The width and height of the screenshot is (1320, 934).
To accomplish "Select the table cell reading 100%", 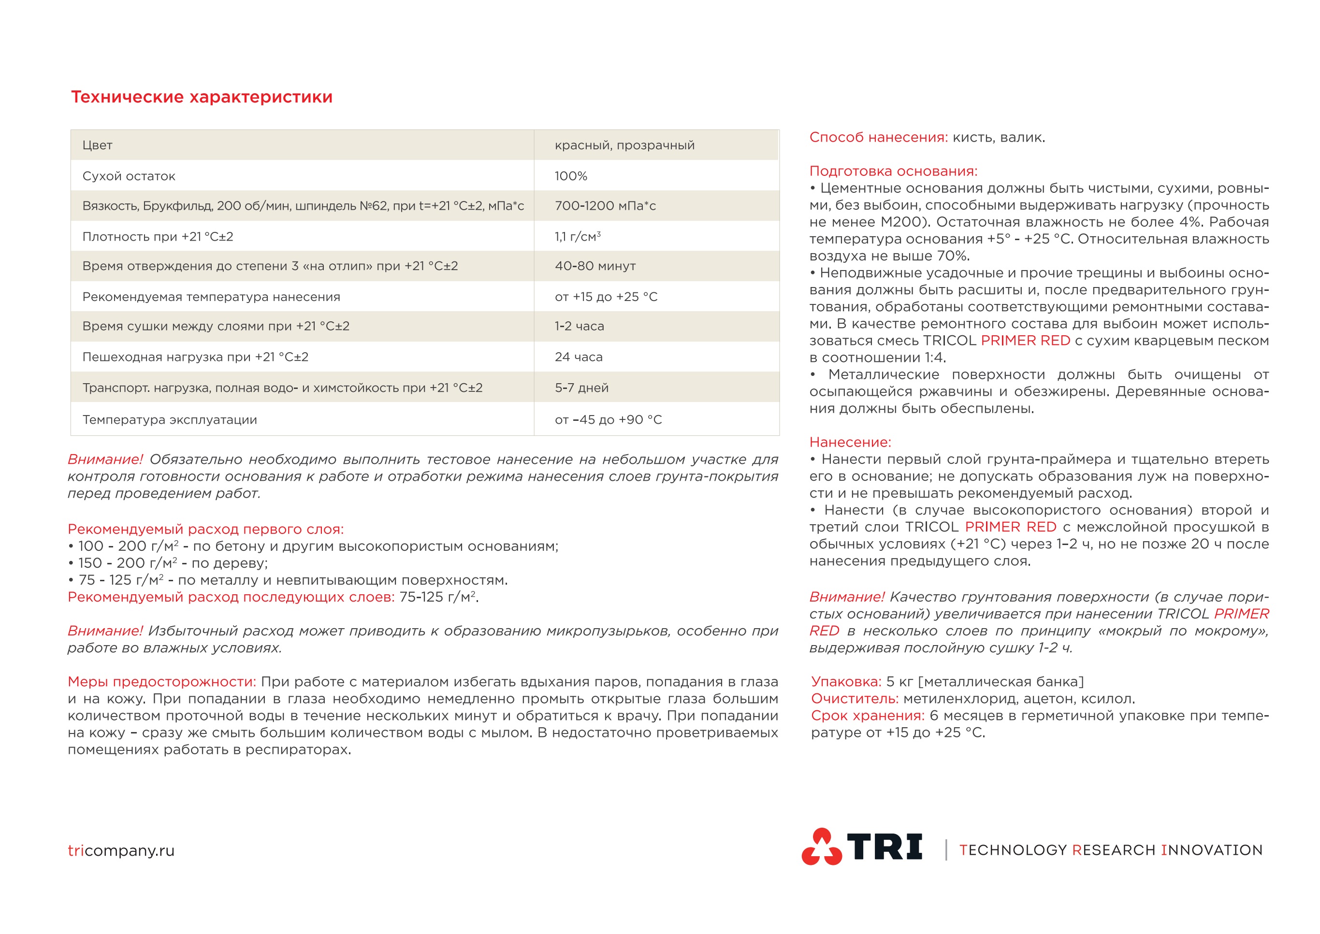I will click(570, 176).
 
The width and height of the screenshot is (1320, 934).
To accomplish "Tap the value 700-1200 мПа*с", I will click(605, 206).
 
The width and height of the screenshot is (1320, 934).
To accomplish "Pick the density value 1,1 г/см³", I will click(577, 236).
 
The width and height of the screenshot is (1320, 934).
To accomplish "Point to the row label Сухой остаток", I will click(129, 176).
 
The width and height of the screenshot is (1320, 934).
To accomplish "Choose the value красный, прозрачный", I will click(624, 145).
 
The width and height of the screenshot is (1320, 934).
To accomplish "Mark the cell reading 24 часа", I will click(578, 357).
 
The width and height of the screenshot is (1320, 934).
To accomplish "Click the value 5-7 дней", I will click(581, 388).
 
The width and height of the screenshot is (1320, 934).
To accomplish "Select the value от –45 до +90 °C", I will click(608, 419).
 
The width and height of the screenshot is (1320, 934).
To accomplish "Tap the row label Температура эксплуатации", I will click(170, 419).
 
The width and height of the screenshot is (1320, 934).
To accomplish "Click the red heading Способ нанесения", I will click(878, 137).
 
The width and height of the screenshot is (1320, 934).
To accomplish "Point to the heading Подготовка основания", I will click(893, 171).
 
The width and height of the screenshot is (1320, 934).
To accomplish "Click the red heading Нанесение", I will click(850, 442).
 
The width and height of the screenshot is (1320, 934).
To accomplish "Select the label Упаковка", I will click(845, 681).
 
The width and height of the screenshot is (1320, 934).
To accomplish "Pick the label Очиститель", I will click(854, 698).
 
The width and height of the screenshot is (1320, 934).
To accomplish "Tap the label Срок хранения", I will click(867, 716).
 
